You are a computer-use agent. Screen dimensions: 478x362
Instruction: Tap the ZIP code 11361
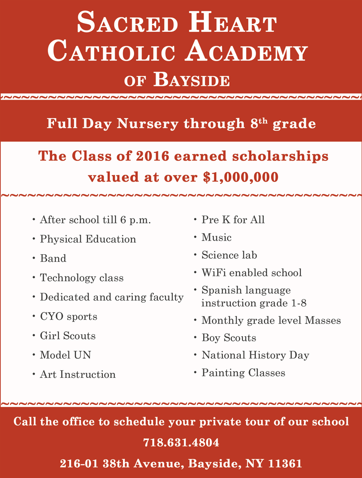(x=285, y=464)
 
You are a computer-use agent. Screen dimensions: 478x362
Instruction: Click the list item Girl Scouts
(x=67, y=336)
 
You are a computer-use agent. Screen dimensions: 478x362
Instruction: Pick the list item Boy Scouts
(x=229, y=338)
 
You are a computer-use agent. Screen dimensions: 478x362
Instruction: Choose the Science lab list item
(x=229, y=255)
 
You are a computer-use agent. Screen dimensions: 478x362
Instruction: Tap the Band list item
(x=53, y=258)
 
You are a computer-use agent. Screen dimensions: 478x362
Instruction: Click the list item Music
(x=216, y=237)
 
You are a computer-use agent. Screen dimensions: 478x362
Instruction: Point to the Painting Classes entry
(x=243, y=373)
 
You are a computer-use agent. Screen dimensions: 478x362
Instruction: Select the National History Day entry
(x=255, y=355)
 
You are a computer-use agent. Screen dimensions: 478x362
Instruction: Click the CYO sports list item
(x=68, y=316)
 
